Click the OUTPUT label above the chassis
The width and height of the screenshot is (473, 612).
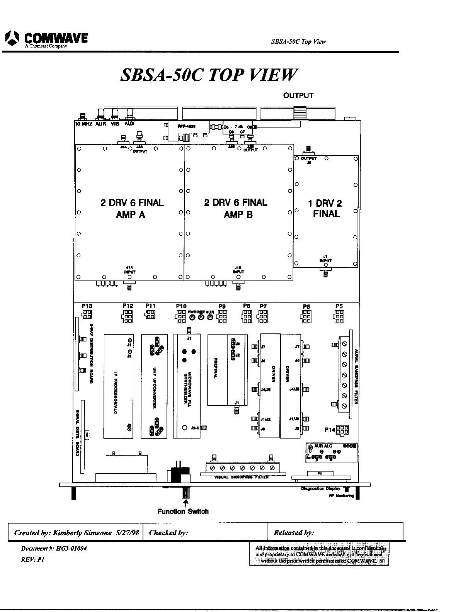click(298, 95)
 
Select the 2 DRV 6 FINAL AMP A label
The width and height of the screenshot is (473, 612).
click(131, 209)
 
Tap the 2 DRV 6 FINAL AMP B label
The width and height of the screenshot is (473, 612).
click(236, 209)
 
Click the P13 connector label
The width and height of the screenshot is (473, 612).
click(87, 306)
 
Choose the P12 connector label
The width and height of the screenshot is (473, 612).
click(128, 306)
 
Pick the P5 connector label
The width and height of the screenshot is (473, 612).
click(339, 306)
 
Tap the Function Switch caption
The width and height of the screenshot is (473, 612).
click(183, 512)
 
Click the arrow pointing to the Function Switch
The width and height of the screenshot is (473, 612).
click(186, 502)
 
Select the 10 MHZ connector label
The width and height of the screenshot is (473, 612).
click(83, 124)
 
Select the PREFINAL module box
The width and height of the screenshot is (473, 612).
click(218, 370)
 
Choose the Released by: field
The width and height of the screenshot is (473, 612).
click(294, 532)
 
